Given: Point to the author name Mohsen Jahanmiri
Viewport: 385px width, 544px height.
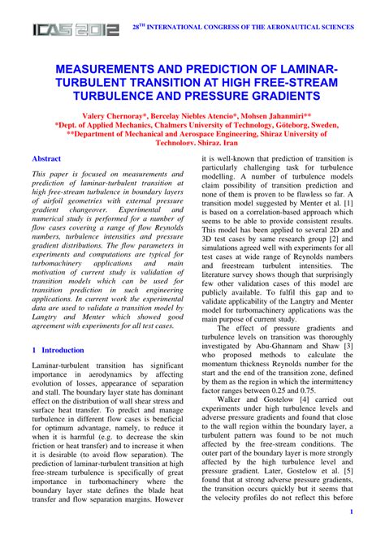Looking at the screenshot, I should (x=272, y=117).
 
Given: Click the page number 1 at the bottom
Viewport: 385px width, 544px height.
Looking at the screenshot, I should (x=350, y=513).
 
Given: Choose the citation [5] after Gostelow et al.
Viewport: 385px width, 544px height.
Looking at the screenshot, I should (x=347, y=471).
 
